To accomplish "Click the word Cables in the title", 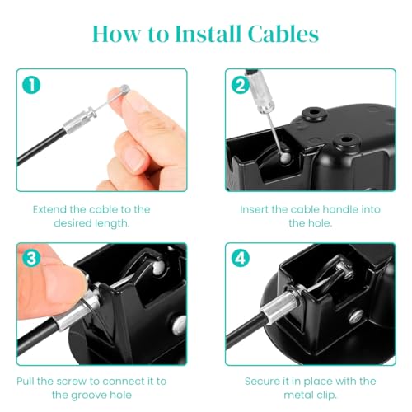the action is pyautogui.click(x=283, y=34).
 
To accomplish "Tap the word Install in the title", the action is pyautogui.click(x=208, y=34).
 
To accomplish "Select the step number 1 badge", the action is pyautogui.click(x=31, y=85).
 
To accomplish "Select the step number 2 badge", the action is pyautogui.click(x=241, y=85).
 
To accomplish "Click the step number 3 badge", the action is pyautogui.click(x=31, y=258).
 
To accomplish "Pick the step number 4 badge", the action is pyautogui.click(x=241, y=258).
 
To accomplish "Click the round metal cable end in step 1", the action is pyautogui.click(x=125, y=88).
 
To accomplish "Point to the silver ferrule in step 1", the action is pyautogui.click(x=80, y=121).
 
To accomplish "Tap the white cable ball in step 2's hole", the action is pyautogui.click(x=286, y=158).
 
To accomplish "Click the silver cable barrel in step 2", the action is pyautogui.click(x=261, y=92).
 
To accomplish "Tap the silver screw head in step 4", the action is pyautogui.click(x=357, y=316).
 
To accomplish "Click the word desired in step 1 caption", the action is pyautogui.click(x=72, y=223).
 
